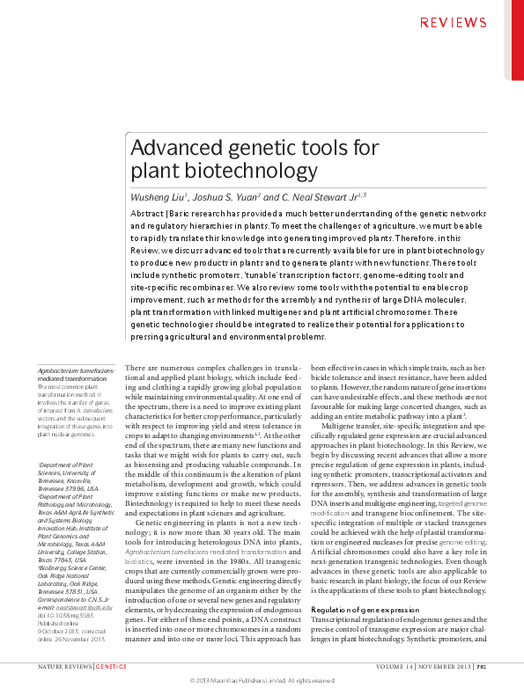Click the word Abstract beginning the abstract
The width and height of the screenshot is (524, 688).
(x=147, y=215)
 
